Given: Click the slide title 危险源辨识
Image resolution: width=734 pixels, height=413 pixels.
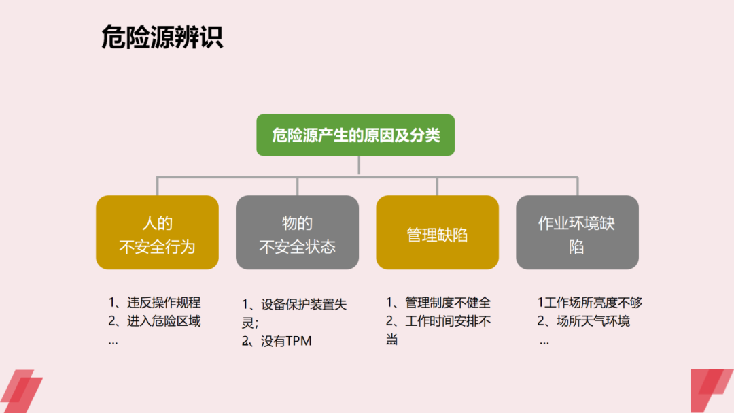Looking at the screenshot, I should point(162,37).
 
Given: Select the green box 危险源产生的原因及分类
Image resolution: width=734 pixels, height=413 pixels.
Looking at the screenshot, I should point(355,135).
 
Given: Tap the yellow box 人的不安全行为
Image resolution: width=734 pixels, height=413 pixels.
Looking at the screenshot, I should point(157,233).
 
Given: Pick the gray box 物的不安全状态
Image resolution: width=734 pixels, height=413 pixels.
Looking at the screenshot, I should point(297,233).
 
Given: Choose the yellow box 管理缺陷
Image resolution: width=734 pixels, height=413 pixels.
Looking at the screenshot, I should point(437,233).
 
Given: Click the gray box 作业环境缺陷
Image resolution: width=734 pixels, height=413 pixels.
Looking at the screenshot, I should point(577,233).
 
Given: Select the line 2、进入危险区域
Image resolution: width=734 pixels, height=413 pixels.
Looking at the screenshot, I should point(154,321).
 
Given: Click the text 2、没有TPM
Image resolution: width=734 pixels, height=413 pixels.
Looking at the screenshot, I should point(277,342).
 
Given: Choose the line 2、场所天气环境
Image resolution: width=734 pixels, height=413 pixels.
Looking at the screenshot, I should point(584,321).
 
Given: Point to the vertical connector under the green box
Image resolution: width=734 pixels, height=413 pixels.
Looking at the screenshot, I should point(359,165).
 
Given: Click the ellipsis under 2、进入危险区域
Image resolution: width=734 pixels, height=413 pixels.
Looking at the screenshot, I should point(113,341).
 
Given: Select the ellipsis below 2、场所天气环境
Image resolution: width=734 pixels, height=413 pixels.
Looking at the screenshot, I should point(544,341).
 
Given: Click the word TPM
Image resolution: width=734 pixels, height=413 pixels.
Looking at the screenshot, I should point(298,342).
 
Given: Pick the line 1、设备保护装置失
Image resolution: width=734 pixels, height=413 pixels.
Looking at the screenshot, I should point(294,305).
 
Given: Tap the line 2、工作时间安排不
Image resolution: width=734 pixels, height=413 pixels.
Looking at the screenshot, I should point(438,321).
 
